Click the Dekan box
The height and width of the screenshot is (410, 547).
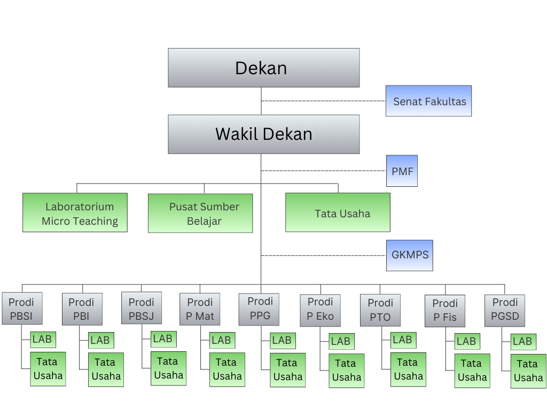pyautogui.click(x=263, y=68)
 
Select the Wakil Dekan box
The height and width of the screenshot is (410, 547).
pyautogui.click(x=263, y=134)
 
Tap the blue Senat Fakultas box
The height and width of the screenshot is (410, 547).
pyautogui.click(x=429, y=101)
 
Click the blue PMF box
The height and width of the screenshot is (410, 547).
pyautogui.click(x=402, y=171)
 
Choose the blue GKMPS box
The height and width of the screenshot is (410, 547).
pyautogui.click(x=410, y=255)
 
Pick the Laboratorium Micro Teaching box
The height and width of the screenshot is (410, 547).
pyautogui.click(x=75, y=212)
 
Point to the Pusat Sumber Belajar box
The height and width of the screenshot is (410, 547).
pyautogui.click(x=200, y=213)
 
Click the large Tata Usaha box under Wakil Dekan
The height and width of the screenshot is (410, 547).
pyautogui.click(x=338, y=212)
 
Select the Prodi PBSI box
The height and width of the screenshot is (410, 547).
pyautogui.click(x=21, y=309)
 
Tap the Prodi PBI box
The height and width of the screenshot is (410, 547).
pyautogui.click(x=81, y=309)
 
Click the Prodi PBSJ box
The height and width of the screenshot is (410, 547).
pyautogui.click(x=142, y=309)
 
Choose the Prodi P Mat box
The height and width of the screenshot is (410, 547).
pyautogui.click(x=200, y=310)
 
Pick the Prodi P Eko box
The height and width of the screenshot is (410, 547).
pyautogui.click(x=321, y=310)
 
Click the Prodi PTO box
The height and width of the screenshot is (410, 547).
pyautogui.click(x=380, y=310)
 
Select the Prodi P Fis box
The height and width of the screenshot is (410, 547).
pyautogui.click(x=445, y=311)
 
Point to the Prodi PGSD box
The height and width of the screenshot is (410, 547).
pyautogui.click(x=505, y=310)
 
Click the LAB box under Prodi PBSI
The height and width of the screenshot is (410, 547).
pyautogui.click(x=43, y=339)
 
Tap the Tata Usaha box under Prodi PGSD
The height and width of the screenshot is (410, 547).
pyautogui.click(x=528, y=371)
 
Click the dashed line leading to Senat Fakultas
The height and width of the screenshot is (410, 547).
pyautogui.click(x=323, y=101)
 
